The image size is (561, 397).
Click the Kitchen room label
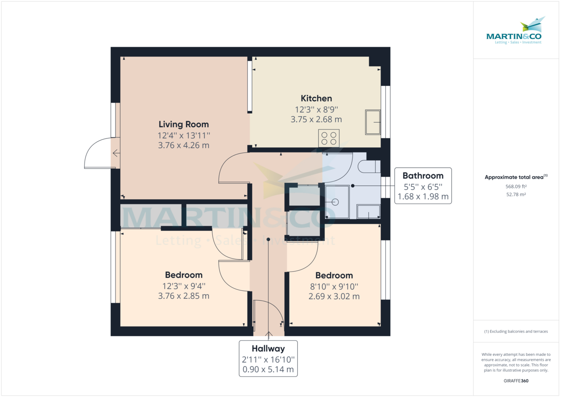coord(316,98)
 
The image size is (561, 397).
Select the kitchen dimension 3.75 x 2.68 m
coord(316,119)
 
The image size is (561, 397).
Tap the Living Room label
coord(184,124)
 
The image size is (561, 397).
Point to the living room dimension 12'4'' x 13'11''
coord(184,135)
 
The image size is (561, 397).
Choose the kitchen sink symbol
coord(373,122)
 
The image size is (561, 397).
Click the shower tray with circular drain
coord(337,202)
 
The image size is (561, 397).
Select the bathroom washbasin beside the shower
coord(368,213)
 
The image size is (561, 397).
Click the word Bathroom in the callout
coord(423,176)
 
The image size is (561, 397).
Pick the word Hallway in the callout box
coord(268,348)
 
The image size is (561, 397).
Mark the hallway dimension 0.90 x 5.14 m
coord(268,369)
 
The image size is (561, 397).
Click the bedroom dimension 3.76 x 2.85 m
coord(184,296)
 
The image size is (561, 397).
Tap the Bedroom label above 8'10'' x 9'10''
coord(334,275)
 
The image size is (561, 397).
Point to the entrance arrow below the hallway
coord(268,334)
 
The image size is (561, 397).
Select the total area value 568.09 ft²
coord(516,186)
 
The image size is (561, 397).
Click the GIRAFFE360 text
coord(516,381)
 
